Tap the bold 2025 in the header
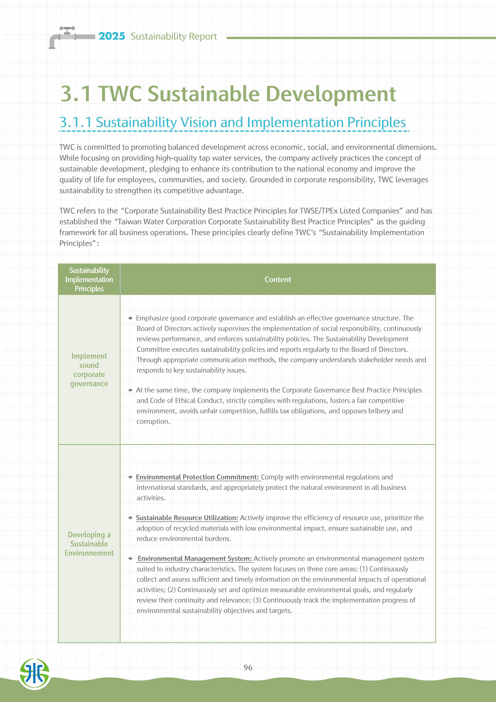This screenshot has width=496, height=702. tap(112, 36)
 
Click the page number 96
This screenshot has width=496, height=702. tap(248, 667)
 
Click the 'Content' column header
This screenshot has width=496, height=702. tap(278, 279)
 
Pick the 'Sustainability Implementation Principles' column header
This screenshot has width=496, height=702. tap(89, 279)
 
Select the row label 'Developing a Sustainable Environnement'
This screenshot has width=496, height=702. tap(89, 544)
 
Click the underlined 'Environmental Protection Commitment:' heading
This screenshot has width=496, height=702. tap(197, 477)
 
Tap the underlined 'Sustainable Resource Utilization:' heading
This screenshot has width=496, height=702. tap(187, 518)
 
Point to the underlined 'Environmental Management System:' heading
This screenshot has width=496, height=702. tap(195, 558)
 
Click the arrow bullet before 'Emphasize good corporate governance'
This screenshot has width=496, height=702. tap(130, 318)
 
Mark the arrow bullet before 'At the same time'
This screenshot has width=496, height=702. tap(130, 390)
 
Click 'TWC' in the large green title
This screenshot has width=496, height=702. tap(120, 94)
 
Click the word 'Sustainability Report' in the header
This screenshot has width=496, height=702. tap(174, 36)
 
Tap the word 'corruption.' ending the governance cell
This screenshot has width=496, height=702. tap(153, 421)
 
